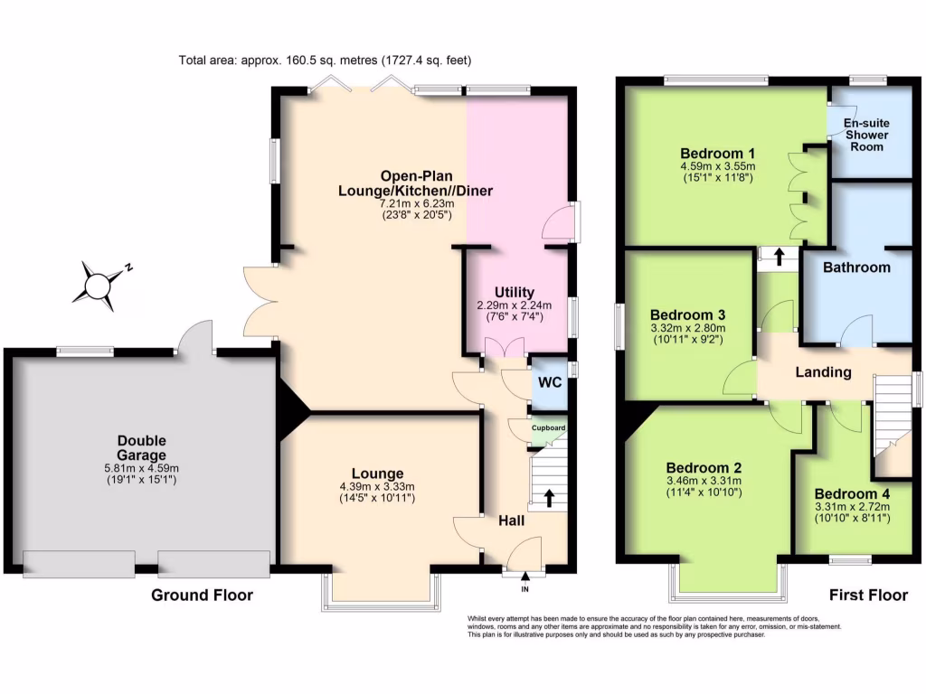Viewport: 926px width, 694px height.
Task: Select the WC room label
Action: [551, 382]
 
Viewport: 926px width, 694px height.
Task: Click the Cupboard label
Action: [548, 428]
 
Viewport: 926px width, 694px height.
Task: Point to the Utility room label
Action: [515, 291]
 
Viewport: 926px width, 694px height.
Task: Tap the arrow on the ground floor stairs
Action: [548, 498]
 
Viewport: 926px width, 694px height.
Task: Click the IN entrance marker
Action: [524, 589]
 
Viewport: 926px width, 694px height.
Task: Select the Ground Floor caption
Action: [202, 595]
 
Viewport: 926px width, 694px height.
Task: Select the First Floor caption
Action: [869, 595]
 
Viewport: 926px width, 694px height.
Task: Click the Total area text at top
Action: [326, 61]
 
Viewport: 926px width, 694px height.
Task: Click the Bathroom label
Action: [856, 267]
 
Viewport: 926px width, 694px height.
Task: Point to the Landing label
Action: [823, 372]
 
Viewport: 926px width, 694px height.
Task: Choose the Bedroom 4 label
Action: [852, 494]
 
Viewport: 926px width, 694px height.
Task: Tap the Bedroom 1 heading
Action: [718, 152]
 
